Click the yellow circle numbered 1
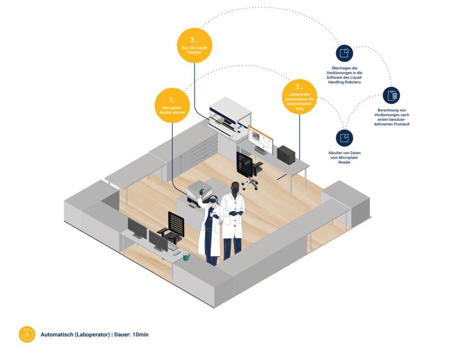pyautogui.click(x=172, y=105)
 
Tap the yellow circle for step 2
pyautogui.click(x=299, y=97)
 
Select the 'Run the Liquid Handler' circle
pyautogui.click(x=194, y=45)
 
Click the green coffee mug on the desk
pyautogui.click(x=186, y=257)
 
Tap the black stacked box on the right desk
pyautogui.click(x=286, y=154)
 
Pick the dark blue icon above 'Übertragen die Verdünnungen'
pyautogui.click(x=345, y=53)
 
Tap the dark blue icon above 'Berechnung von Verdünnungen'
pyautogui.click(x=391, y=95)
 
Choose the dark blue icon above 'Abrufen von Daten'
pyautogui.click(x=345, y=137)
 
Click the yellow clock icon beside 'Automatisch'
pyautogui.click(x=27, y=334)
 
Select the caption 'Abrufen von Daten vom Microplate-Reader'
pyautogui.click(x=345, y=158)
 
